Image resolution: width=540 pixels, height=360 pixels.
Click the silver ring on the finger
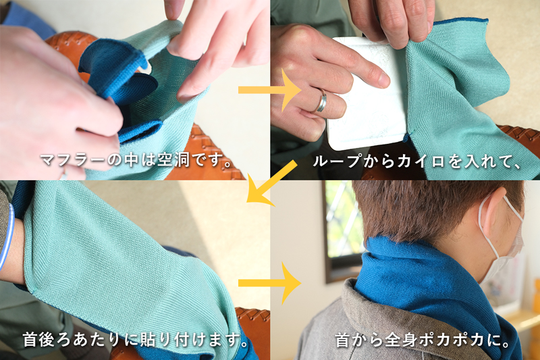322,100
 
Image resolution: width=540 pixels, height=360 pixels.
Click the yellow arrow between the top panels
270,91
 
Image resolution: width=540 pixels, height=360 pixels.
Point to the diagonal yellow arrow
269,184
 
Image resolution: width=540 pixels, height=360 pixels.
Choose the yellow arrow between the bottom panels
270,283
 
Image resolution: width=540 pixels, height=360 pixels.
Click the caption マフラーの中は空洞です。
137,160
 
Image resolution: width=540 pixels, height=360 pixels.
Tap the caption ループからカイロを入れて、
417,161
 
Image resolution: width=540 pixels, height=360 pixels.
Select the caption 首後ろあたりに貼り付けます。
136,339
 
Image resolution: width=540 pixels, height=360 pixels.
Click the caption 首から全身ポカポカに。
423,340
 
